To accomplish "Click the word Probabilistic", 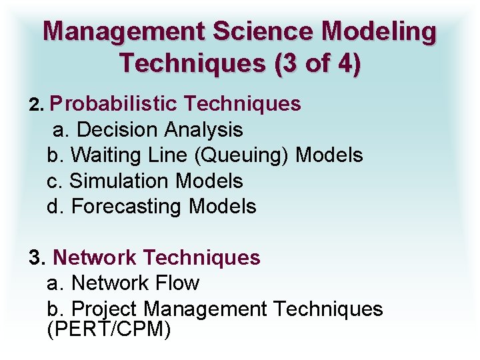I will tap(113, 104).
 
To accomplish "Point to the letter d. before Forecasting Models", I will tap(56, 207).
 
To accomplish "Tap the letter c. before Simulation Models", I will tap(55, 181).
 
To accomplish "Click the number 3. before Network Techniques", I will tap(37, 257).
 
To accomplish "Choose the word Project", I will tap(105, 309).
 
